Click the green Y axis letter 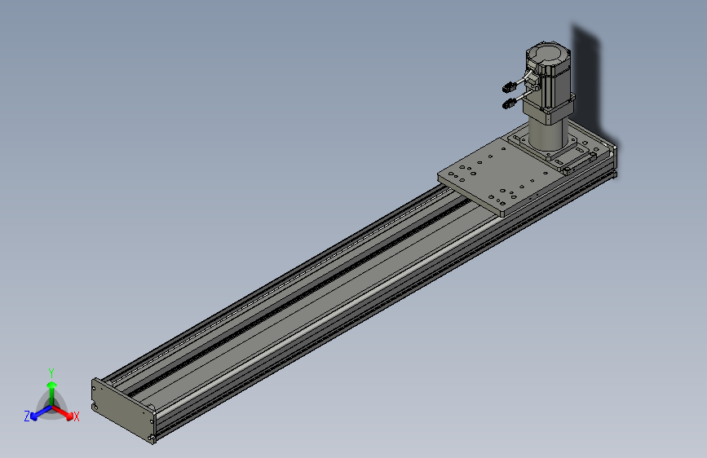(x=51, y=372)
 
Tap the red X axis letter (x=76, y=416)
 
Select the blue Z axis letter (x=27, y=416)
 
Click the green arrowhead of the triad (x=52, y=385)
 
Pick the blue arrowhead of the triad (x=33, y=416)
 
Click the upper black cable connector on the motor (x=509, y=87)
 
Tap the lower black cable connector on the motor (x=509, y=103)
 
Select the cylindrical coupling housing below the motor (x=546, y=133)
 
